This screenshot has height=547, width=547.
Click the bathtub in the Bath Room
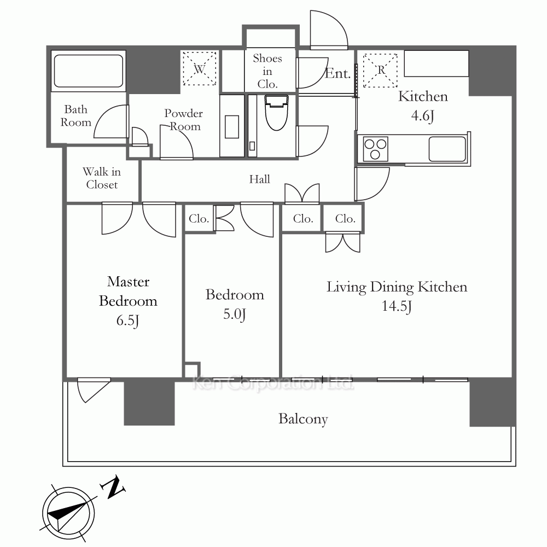89,71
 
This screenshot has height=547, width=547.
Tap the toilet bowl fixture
277,112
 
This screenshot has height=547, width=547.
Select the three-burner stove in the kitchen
375,149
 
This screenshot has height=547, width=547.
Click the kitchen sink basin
447,149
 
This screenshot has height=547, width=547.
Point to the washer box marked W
200,68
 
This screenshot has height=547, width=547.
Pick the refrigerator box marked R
381,70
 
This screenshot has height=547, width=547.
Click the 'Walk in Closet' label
102,178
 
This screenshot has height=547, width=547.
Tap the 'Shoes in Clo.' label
267,71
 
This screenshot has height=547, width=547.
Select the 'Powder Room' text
184,120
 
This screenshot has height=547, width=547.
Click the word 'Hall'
259,179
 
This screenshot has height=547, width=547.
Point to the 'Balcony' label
303,419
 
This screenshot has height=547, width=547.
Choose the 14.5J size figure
397,306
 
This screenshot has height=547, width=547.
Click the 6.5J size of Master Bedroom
127,320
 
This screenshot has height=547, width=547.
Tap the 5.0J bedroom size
235,315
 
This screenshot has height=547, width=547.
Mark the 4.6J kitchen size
422,115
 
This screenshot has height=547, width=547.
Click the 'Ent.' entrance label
337,73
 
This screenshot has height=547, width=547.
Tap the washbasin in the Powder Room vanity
232,127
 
